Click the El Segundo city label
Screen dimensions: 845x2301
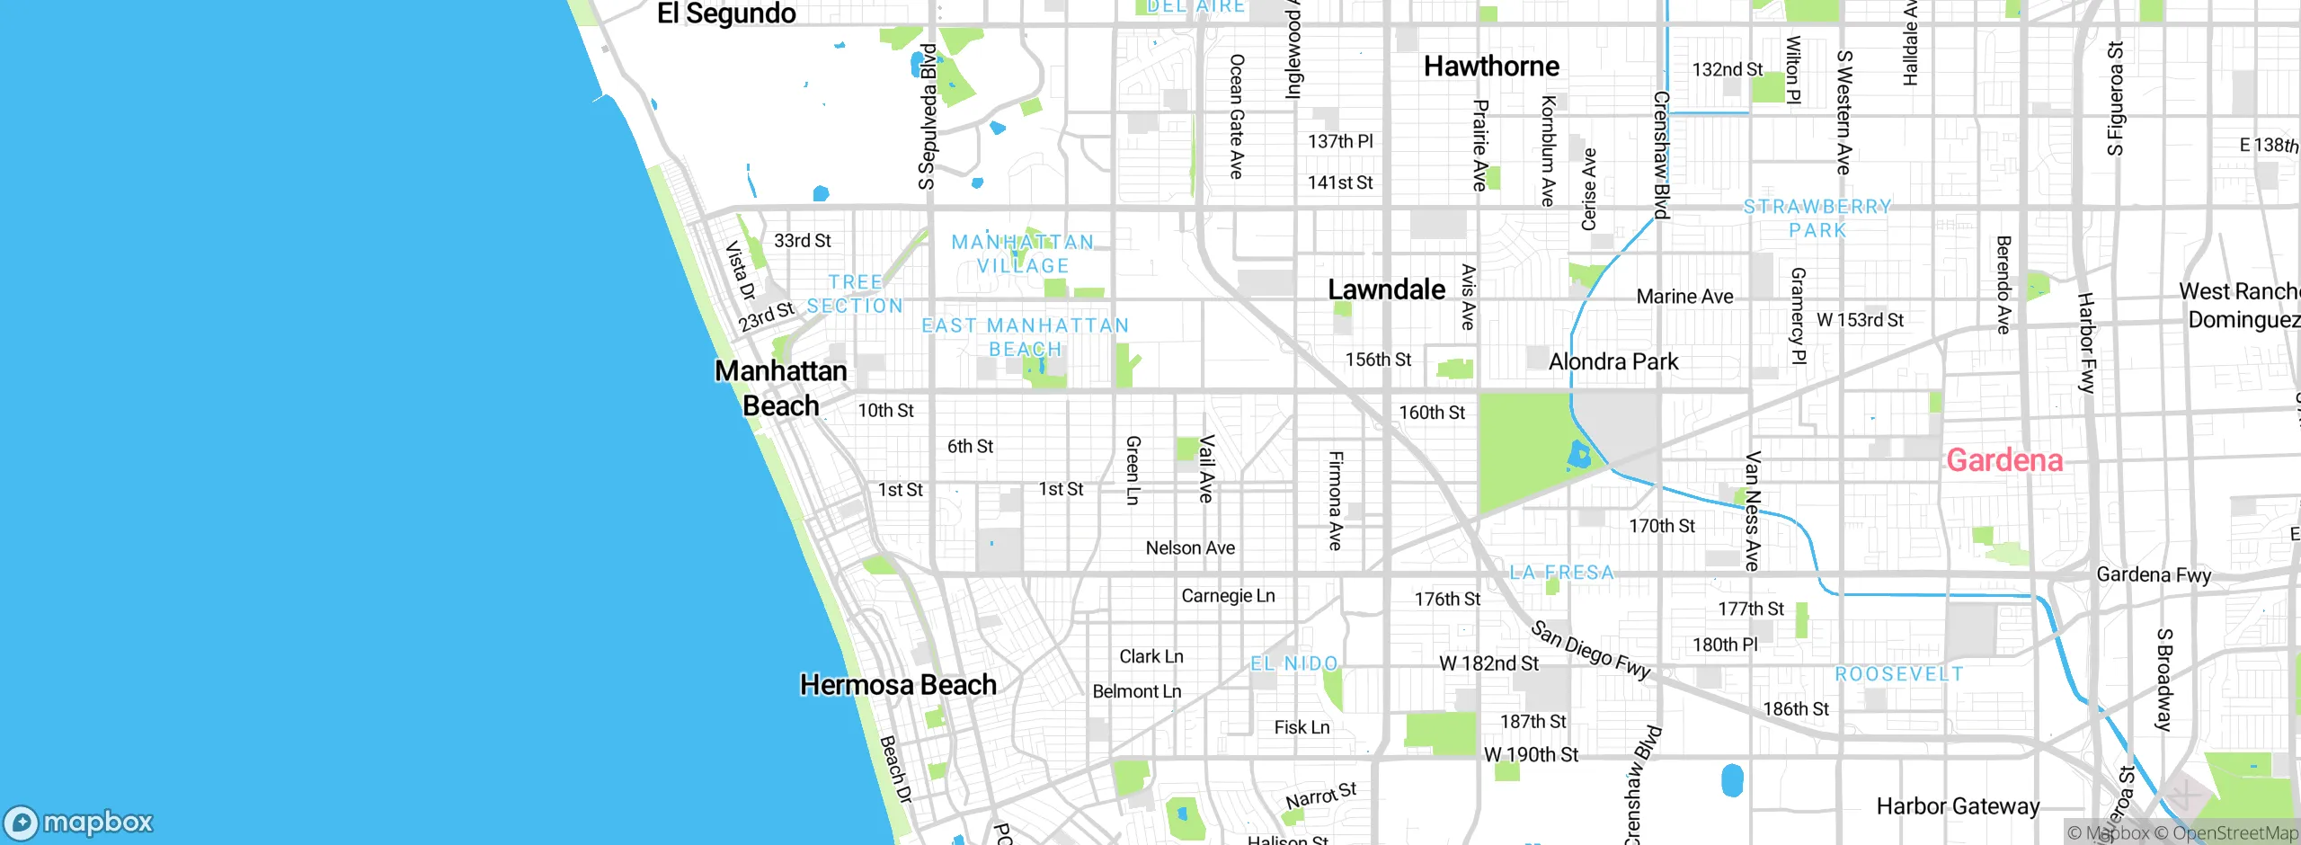point(726,13)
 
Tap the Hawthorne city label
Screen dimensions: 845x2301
point(1491,66)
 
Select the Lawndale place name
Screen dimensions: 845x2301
point(1387,289)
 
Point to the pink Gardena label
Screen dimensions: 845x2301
point(2004,460)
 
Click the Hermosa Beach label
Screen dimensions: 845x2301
point(898,685)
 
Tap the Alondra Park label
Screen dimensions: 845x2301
point(1613,361)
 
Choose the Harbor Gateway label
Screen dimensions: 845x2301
point(1958,806)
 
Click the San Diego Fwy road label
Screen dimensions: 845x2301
point(1591,650)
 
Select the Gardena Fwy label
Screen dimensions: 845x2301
point(2153,574)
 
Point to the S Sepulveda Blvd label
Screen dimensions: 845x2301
point(928,117)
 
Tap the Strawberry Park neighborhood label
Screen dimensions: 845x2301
point(1817,218)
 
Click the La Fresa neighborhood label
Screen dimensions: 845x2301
point(1562,573)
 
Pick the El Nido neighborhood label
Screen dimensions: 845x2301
point(1294,663)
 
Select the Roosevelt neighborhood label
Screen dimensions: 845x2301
point(1899,674)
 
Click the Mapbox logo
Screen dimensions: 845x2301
point(79,822)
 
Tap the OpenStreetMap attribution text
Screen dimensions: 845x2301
point(2233,833)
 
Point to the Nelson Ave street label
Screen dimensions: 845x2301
point(1190,547)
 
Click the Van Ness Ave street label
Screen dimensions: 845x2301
point(1752,511)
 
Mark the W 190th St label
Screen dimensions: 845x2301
point(1531,754)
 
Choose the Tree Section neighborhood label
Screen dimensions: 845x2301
point(855,294)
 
